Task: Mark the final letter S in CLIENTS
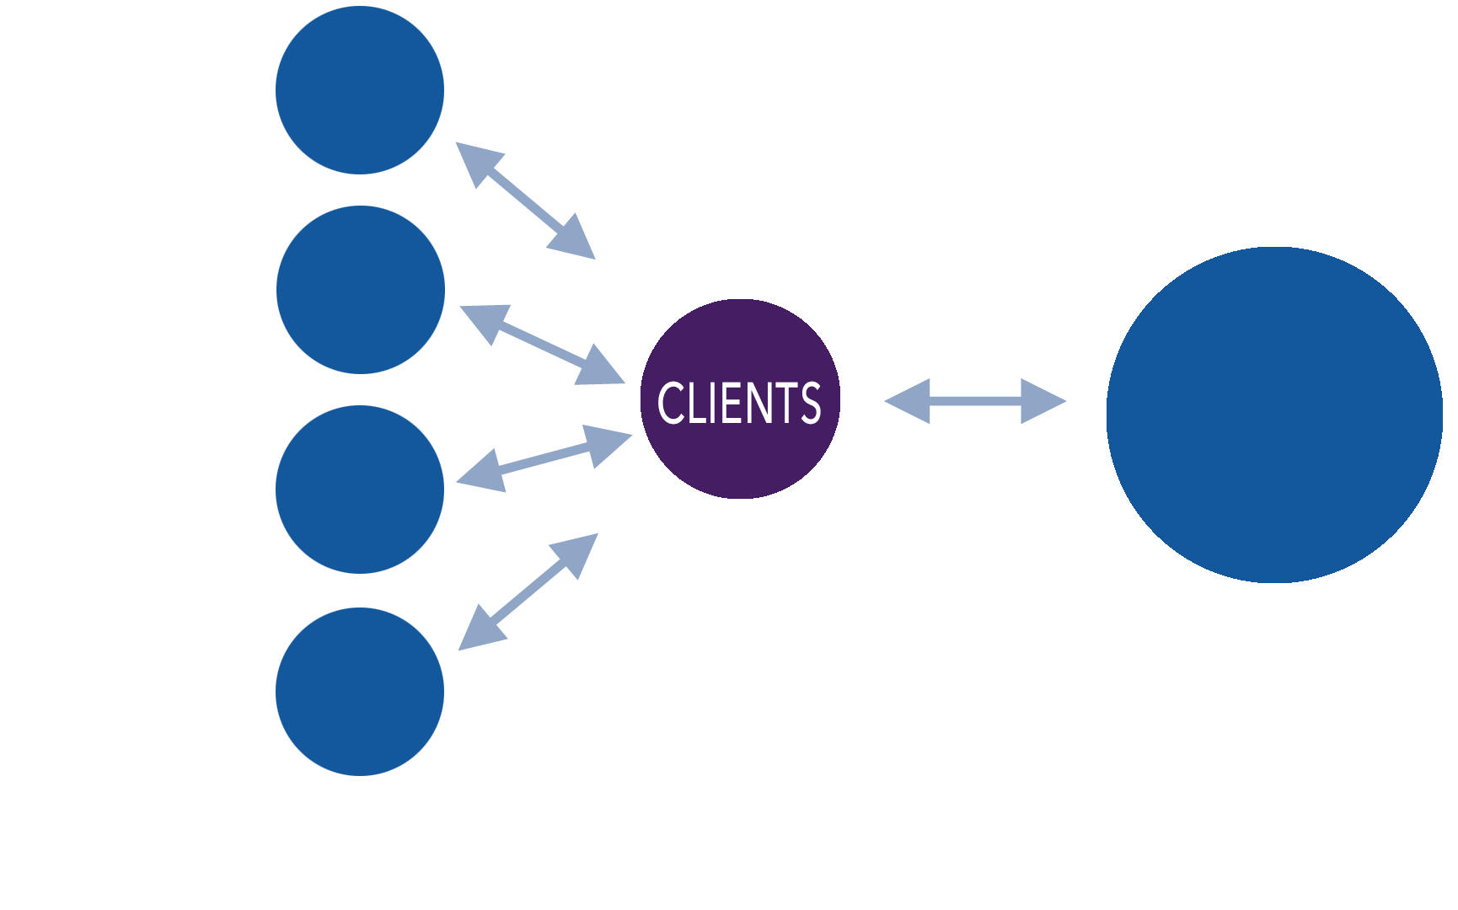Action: (811, 403)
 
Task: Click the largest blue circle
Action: (1273, 415)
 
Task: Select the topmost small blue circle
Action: (360, 90)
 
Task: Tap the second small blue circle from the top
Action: (361, 290)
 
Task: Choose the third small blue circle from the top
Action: (360, 490)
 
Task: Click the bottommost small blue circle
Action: (360, 692)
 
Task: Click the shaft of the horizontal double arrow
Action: (975, 401)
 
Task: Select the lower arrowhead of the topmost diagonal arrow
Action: (574, 239)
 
